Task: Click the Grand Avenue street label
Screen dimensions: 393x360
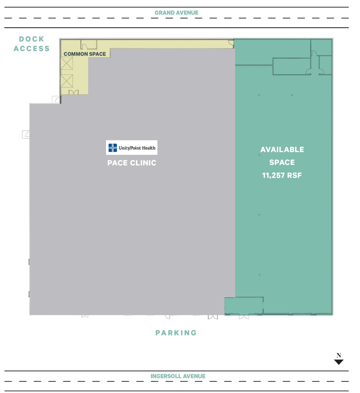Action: pos(176,13)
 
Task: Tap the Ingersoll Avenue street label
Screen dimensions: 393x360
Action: pos(178,376)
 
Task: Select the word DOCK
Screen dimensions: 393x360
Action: pos(31,39)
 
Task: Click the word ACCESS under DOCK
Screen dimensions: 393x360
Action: pos(31,49)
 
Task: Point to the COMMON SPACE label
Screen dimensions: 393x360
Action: pos(85,54)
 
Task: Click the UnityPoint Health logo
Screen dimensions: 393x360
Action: pos(132,148)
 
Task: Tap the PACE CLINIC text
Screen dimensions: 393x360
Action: pos(132,163)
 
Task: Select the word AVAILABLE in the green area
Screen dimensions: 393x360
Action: pos(282,150)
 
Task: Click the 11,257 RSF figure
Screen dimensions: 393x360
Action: pos(282,176)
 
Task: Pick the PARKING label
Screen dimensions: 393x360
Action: pos(176,333)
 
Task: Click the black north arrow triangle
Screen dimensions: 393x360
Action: pos(339,362)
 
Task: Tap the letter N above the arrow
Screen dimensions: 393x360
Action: pos(339,355)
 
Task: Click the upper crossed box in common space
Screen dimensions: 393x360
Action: pos(67,63)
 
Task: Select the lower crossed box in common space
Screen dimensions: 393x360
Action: pos(67,81)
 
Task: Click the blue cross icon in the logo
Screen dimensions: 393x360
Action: pos(113,148)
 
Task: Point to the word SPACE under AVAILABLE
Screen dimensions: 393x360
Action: pos(282,162)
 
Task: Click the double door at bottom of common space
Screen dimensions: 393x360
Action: pos(74,92)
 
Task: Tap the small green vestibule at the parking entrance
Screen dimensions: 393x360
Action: pos(244,306)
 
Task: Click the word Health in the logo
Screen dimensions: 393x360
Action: pos(149,148)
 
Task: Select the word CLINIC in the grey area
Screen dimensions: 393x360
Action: pos(143,163)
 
